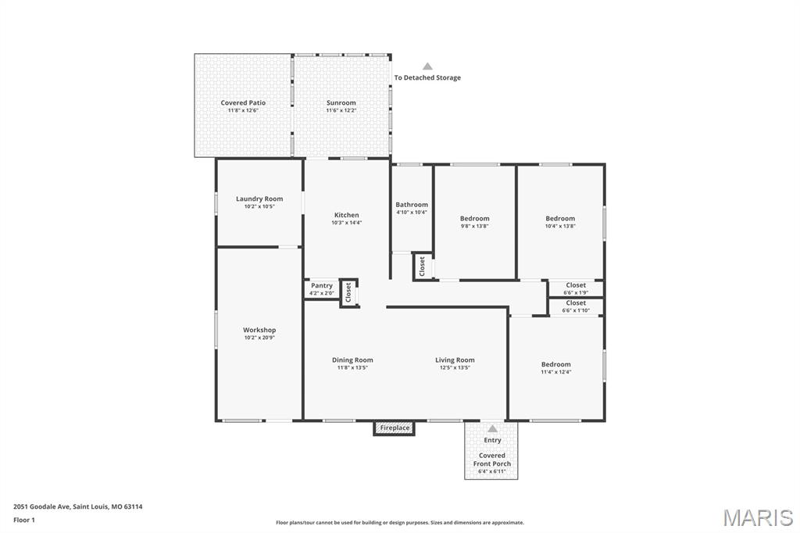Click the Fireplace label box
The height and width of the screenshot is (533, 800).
[395, 427]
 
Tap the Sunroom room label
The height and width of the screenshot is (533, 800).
[341, 102]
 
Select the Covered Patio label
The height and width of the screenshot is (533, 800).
[243, 102]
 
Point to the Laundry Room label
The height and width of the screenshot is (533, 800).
[259, 199]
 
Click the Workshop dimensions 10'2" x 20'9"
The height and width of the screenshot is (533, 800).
[259, 338]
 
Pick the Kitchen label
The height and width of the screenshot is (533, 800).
[346, 215]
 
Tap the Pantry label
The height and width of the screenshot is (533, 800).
[321, 285]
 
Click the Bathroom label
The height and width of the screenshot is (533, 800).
[412, 204]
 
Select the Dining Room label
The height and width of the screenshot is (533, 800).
[352, 360]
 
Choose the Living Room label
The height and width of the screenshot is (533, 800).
[455, 360]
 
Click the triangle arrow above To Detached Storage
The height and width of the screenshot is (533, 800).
[427, 66]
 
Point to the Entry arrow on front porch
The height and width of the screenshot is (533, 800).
[492, 429]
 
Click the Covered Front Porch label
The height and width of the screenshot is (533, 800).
[492, 460]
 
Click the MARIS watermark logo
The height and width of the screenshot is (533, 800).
[758, 517]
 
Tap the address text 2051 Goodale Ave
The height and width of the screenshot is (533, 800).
[42, 507]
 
